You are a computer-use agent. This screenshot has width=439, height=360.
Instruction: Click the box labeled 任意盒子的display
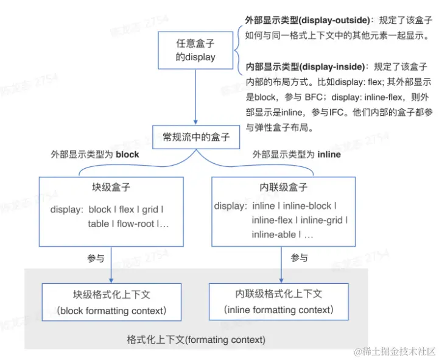click(x=195, y=51)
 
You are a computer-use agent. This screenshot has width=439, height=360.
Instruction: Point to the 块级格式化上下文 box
click(x=111, y=302)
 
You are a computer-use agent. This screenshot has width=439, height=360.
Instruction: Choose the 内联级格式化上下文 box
click(x=279, y=302)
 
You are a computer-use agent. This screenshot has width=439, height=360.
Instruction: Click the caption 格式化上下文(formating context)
click(x=196, y=339)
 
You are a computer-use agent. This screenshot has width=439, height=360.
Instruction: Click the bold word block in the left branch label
click(x=127, y=155)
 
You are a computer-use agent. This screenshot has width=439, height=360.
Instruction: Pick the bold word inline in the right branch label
click(x=329, y=155)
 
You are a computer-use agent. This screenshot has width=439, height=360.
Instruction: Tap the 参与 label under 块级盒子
click(x=96, y=258)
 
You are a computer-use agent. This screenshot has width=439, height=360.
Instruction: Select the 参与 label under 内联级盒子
click(x=299, y=258)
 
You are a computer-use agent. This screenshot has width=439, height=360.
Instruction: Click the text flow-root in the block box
click(x=135, y=224)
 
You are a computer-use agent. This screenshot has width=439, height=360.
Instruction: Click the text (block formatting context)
click(x=111, y=311)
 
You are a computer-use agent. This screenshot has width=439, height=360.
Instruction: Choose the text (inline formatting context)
click(x=279, y=310)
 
